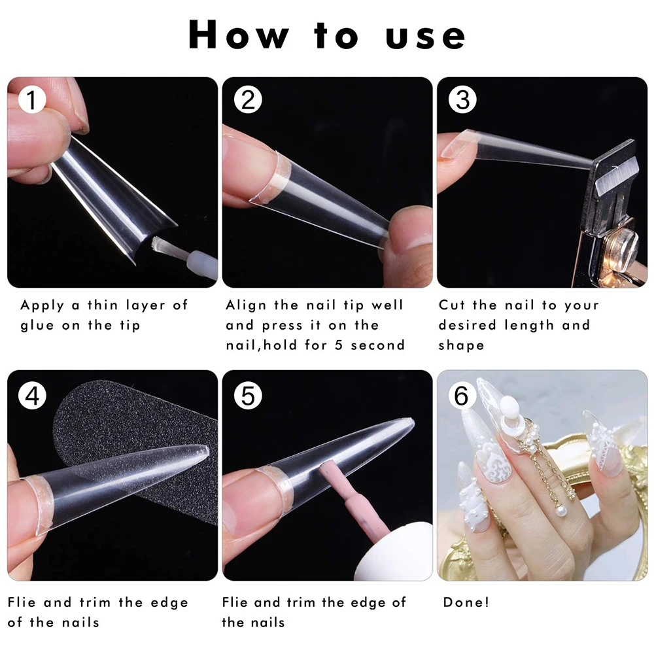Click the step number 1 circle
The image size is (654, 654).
coord(32,99)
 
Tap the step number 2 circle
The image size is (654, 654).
coord(248,99)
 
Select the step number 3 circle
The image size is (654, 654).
coord(462,99)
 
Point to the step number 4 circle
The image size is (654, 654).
coord(32,396)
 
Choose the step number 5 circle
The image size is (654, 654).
coord(248,396)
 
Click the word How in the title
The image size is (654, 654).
coord(239,35)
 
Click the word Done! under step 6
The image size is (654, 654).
coord(466,602)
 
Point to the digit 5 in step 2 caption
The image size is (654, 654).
coord(339,345)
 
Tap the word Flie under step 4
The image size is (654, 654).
coord(22,602)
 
